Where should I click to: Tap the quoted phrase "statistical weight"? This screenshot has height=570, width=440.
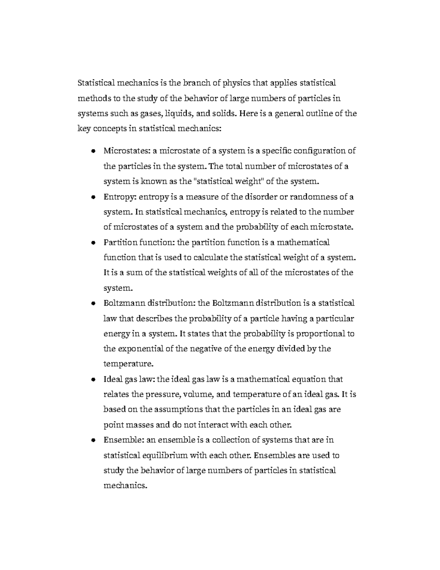pos(222,181)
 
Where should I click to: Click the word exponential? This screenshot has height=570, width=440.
pos(141,349)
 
